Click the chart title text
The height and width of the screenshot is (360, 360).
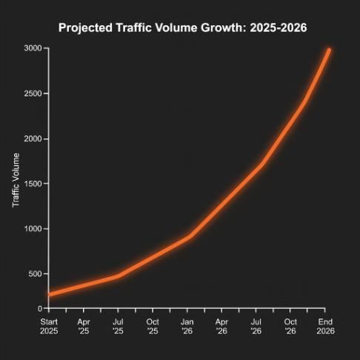tap(182, 28)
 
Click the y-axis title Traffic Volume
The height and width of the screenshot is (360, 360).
tap(16, 180)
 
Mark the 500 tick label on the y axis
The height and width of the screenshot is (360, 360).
tap(34, 274)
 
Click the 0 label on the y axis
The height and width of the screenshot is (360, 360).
tap(39, 308)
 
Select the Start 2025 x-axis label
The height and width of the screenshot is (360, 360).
tap(49, 327)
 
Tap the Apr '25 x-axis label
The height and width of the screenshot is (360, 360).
tap(84, 327)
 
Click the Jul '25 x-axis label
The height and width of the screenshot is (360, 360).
tap(118, 327)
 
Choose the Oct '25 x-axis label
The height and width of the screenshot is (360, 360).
tap(153, 327)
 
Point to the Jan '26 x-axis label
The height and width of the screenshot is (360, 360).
tap(187, 327)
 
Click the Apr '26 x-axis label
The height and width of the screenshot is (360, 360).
tap(221, 327)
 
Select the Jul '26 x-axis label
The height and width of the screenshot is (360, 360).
tap(256, 327)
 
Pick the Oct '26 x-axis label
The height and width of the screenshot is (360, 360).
tap(291, 327)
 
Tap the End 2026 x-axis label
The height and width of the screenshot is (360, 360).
tap(325, 327)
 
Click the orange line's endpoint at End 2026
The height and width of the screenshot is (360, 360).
tap(328, 50)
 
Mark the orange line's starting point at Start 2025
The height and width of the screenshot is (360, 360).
tap(49, 295)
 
